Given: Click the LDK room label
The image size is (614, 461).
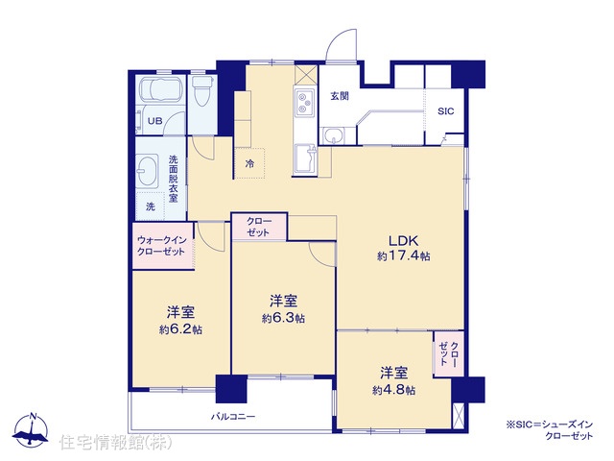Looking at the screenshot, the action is pos(403,240).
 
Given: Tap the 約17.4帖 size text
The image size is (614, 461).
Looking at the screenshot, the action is pos(404,256).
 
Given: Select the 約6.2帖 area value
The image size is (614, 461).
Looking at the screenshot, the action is pos(180,329).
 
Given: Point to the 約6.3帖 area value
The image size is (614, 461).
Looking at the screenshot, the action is pos(284,318).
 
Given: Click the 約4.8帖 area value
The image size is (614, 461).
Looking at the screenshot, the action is pos(394,391).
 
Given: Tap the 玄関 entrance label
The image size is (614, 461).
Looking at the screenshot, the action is pos(340,96).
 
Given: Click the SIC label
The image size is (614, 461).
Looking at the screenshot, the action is pos(445,111).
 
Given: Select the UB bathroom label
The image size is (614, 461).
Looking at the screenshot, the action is pos(154,121).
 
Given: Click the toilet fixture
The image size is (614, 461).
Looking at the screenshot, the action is pos(202,91).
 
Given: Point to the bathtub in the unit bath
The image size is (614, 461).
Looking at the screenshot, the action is pos(160,91).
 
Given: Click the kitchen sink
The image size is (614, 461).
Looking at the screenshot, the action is pos(305,158).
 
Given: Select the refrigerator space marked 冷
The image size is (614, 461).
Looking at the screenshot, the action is pos(249,163).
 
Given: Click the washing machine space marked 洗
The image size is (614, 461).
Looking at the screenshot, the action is pos(151,206).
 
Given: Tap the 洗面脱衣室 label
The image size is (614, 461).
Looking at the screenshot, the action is pos(173,179).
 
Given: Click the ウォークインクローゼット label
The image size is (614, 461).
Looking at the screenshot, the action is pos(161,246).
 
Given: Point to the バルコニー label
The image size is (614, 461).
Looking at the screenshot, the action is pos(233,416).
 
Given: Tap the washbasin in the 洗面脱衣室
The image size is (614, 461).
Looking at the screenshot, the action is pos(147,171).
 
